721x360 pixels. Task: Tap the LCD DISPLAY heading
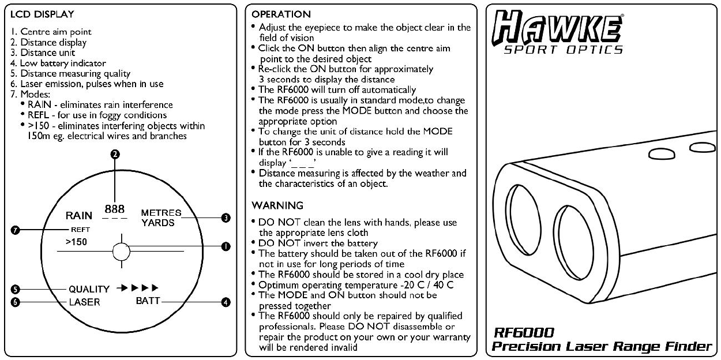pos(42,14)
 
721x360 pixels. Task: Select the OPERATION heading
pos(281,14)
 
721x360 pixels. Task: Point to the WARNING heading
pos(277,205)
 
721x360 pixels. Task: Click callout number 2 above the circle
pos(115,154)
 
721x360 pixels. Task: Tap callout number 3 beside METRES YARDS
pos(226,218)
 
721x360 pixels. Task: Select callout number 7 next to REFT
pos(15,230)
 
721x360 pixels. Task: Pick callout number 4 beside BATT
pos(226,302)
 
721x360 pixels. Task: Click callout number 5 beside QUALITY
pos(15,289)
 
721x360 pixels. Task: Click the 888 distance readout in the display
pos(115,209)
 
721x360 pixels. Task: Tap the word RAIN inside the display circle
pos(79,215)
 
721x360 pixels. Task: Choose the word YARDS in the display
pos(157,223)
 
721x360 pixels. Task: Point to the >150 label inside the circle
pos(76,242)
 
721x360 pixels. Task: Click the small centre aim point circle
pos(121,252)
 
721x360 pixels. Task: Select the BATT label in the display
pos(148,301)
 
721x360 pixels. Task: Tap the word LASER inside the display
pos(85,302)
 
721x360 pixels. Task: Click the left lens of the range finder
pos(523,220)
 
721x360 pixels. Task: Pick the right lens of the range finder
pos(574,242)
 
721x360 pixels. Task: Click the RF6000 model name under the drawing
pos(524,333)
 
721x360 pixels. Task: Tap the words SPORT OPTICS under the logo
pos(564,50)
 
